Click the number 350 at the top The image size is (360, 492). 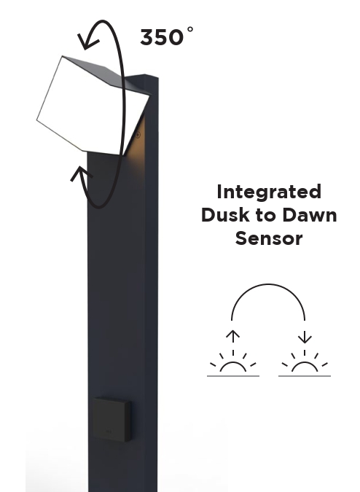(x=162, y=37)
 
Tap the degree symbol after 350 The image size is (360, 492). (x=190, y=29)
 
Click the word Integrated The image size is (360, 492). (x=269, y=192)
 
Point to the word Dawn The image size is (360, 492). (x=310, y=215)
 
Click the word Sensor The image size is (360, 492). (x=269, y=238)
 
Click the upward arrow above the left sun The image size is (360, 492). (x=232, y=336)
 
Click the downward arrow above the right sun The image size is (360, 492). (x=305, y=336)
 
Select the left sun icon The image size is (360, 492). (x=233, y=362)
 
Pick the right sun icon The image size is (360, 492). (x=305, y=362)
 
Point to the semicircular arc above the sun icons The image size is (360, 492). (x=268, y=284)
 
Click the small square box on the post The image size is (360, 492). (x=112, y=419)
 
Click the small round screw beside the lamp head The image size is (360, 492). (x=138, y=135)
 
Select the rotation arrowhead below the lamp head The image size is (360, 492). (x=80, y=173)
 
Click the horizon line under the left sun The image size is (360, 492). (x=233, y=375)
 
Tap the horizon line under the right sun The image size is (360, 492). (x=305, y=375)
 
